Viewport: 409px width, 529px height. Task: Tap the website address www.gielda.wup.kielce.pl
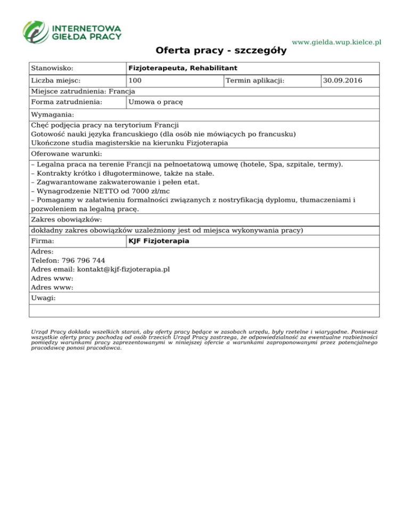337,42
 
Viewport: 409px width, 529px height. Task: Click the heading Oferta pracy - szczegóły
221,51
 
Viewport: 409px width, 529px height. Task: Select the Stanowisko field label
52,69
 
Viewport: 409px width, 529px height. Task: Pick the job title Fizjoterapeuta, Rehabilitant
183,69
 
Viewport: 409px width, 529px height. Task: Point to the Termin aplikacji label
255,81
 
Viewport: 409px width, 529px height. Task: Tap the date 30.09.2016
342,81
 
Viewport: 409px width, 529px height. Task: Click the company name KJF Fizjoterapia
159,242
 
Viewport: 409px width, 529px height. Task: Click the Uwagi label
44,298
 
